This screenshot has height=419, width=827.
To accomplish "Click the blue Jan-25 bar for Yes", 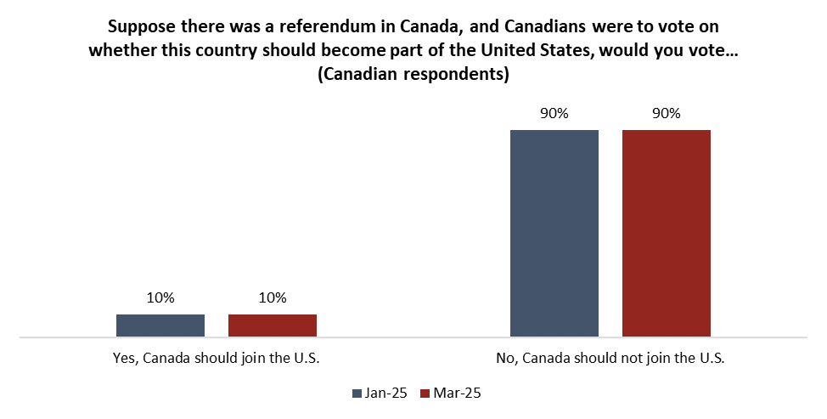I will click(x=160, y=326).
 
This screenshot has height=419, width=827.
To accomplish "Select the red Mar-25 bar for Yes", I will click(x=273, y=326).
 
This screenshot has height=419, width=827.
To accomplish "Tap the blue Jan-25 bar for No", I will click(x=554, y=233).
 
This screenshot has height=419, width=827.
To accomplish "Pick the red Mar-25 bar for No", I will click(x=667, y=233).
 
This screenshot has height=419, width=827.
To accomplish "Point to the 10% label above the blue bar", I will click(x=160, y=298).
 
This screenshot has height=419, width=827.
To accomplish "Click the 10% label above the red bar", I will click(x=273, y=298).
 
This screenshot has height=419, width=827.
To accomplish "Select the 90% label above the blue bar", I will click(x=554, y=114).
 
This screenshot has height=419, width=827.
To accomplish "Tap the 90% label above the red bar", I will click(x=667, y=114).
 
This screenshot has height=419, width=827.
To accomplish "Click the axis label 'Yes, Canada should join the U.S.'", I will click(x=216, y=359).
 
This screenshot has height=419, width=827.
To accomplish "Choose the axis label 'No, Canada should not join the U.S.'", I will click(x=610, y=359).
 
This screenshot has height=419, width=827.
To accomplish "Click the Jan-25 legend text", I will click(x=385, y=393).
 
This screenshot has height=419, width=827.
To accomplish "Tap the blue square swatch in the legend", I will click(x=355, y=393).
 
